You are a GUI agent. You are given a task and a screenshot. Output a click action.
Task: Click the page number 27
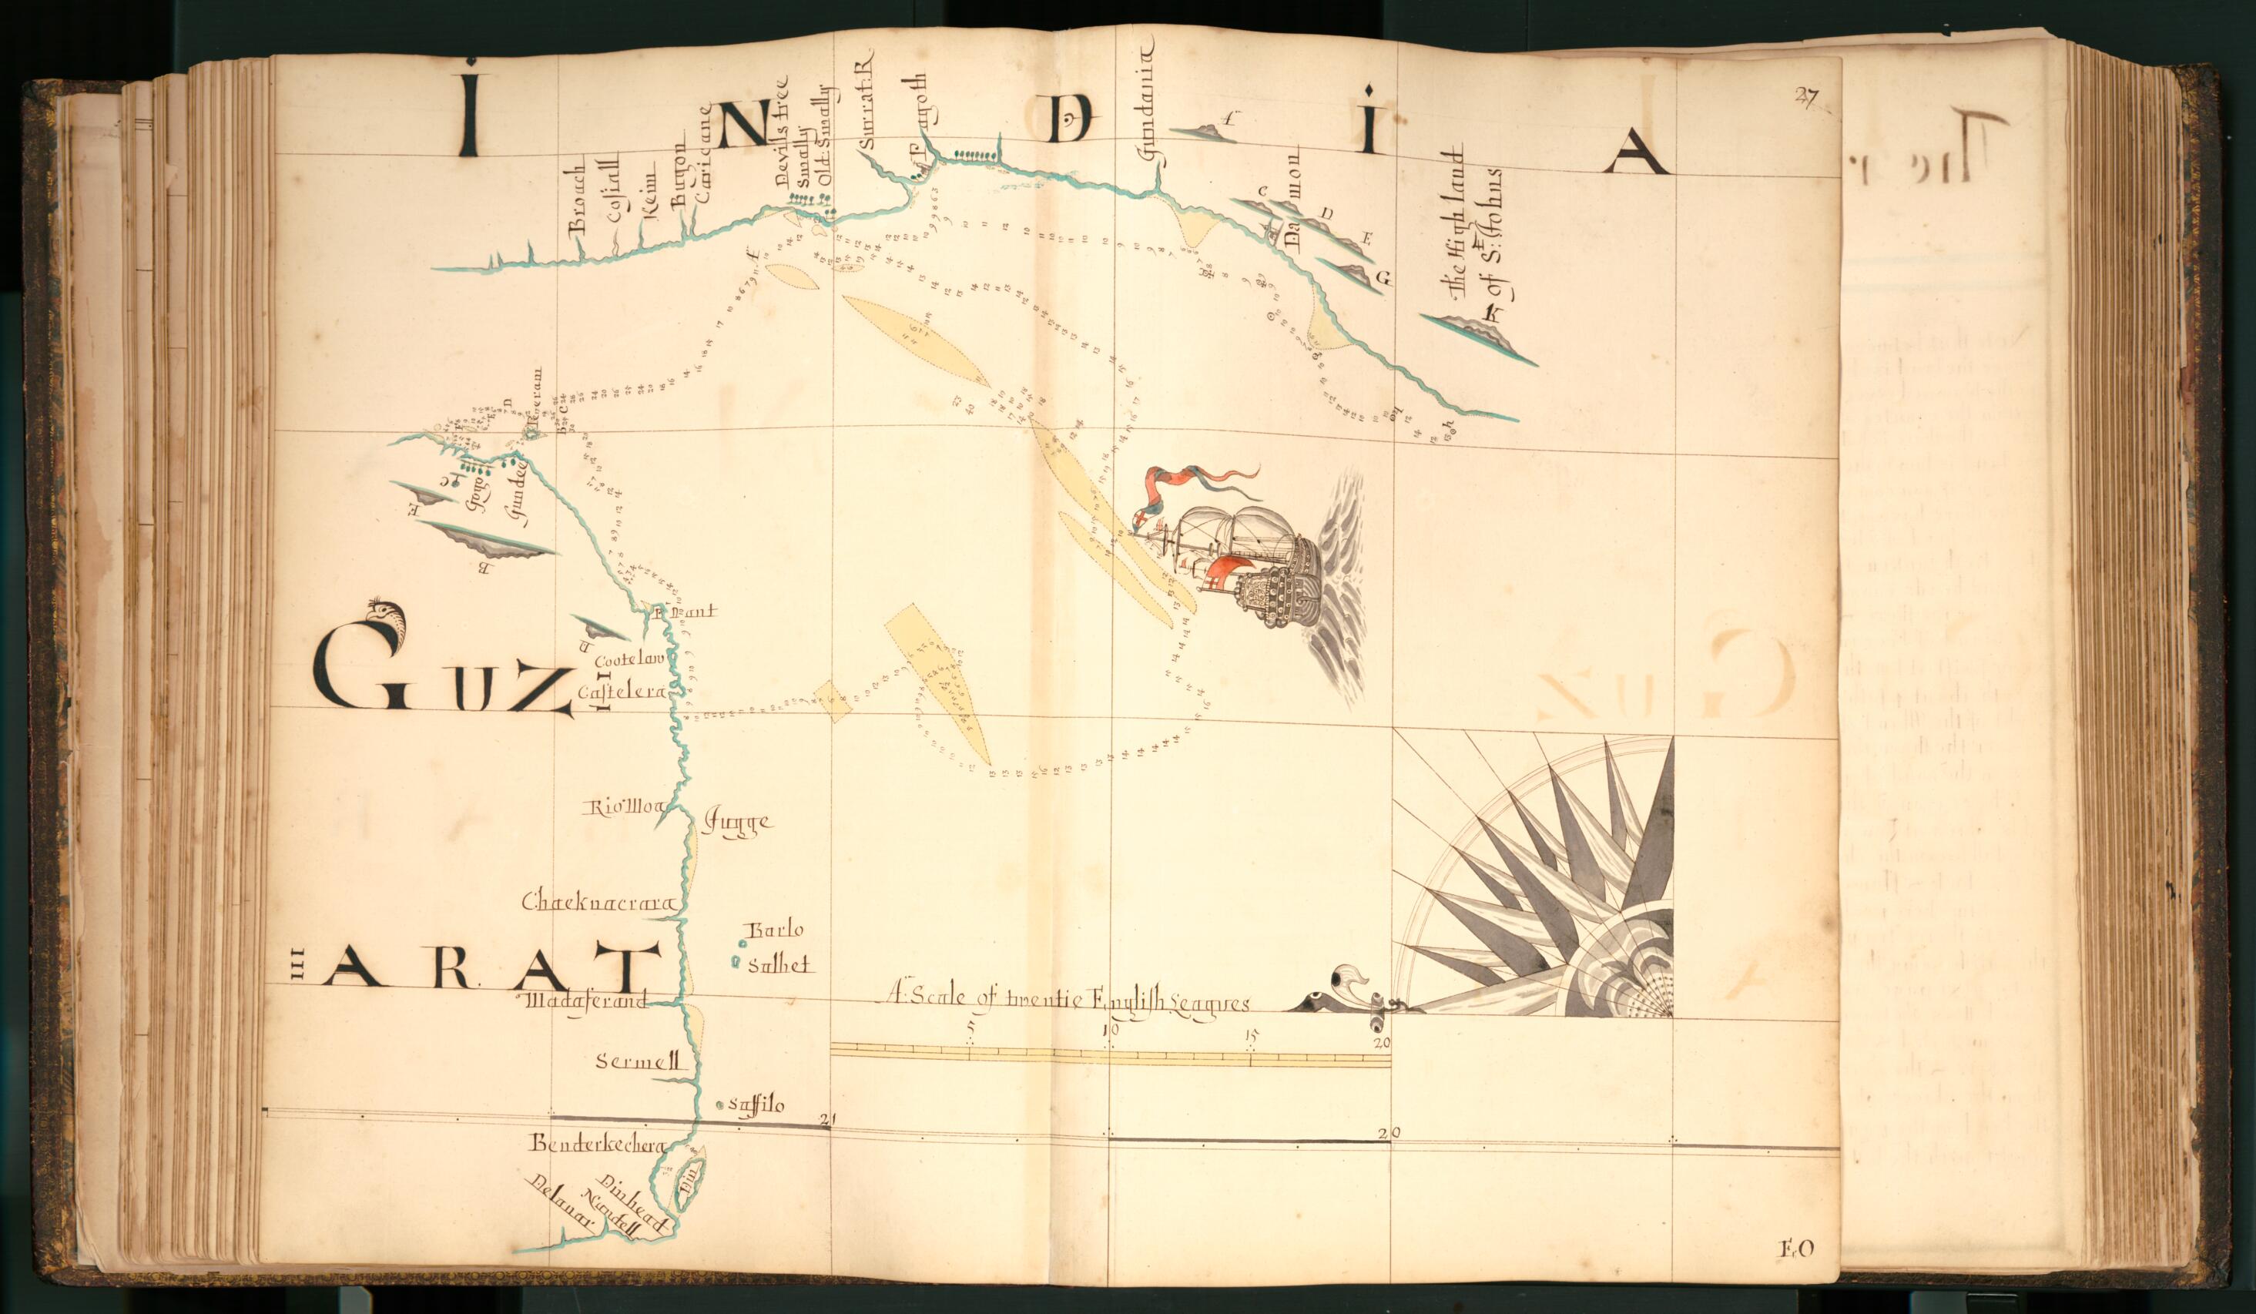point(1803,98)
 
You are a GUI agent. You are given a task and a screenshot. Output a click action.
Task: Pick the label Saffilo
point(756,1106)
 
